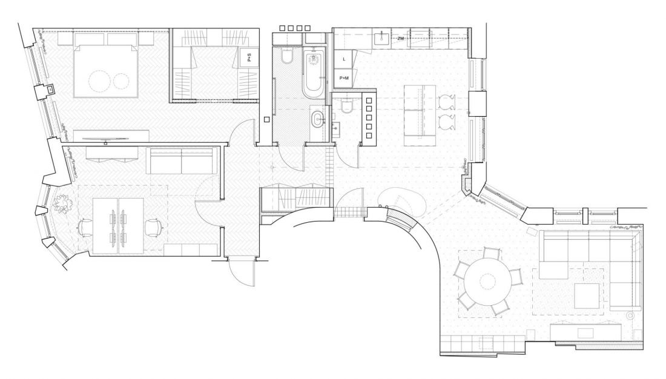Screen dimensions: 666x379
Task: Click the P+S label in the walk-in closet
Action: tap(249, 58)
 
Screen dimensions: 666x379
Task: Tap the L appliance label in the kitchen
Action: tap(344, 59)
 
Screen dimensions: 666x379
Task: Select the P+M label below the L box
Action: tap(344, 77)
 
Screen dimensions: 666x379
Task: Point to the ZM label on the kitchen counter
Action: tap(401, 38)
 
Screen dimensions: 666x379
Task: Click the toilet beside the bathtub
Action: tap(287, 56)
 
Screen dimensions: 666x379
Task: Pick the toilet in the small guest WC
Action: tap(347, 106)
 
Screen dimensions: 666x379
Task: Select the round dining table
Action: tap(487, 281)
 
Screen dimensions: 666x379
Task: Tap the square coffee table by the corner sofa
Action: tap(587, 295)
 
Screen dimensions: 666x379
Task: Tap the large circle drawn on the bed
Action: tap(99, 81)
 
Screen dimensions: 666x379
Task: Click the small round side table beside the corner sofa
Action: tap(631, 315)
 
